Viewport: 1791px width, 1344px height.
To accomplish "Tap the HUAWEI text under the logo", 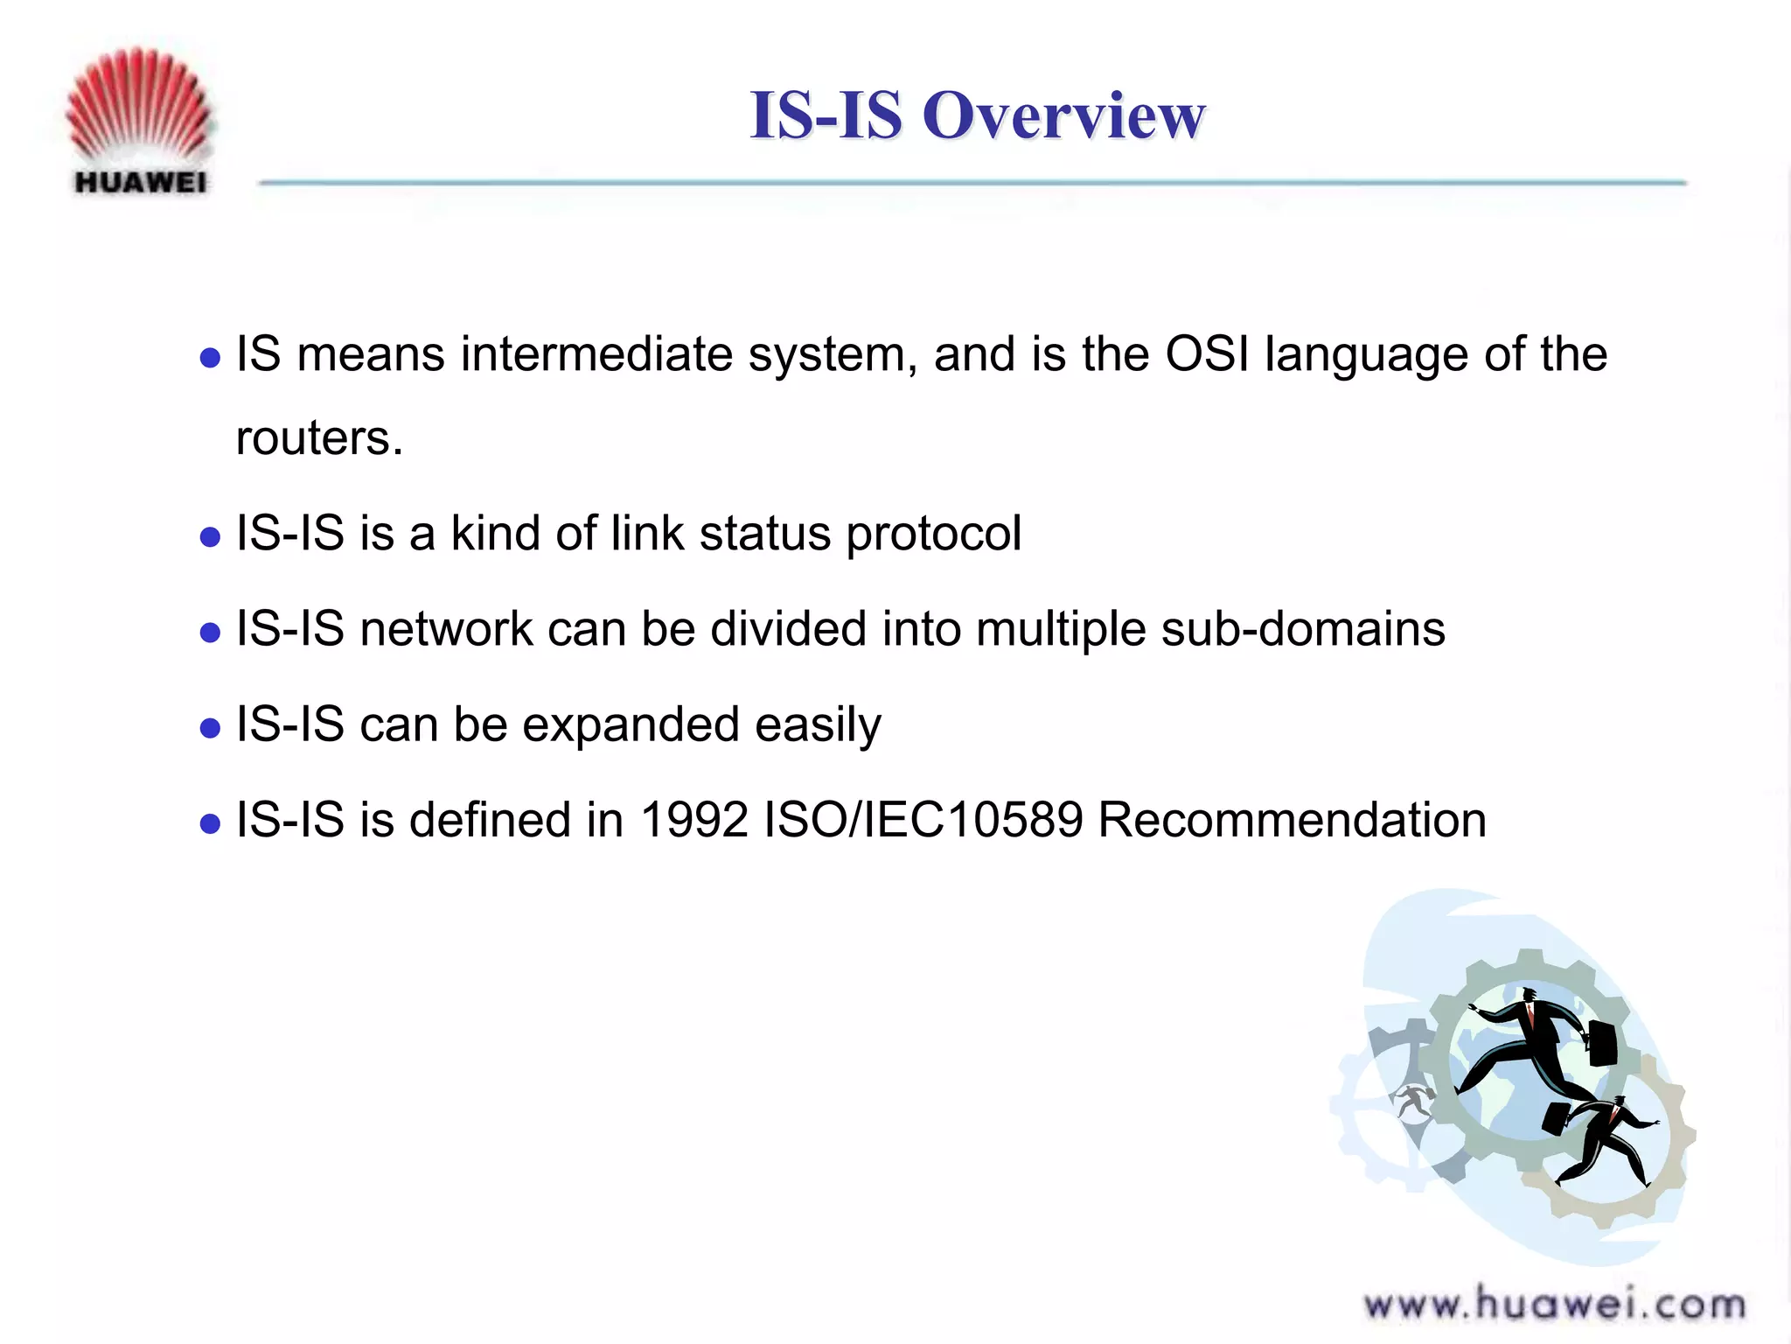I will click(x=141, y=182).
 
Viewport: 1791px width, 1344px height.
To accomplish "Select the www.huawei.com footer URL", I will click(x=1555, y=1305).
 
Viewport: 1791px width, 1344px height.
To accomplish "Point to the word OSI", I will click(x=1207, y=354).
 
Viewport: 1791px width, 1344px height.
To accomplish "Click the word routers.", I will click(x=318, y=437).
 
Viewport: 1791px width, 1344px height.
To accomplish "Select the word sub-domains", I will click(x=1303, y=629).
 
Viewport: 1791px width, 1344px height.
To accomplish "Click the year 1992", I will click(x=694, y=821).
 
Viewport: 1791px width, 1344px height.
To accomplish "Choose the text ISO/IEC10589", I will click(x=923, y=821).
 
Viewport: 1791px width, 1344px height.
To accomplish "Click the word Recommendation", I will click(x=1292, y=821).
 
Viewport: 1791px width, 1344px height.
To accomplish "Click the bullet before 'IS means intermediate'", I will click(x=210, y=358).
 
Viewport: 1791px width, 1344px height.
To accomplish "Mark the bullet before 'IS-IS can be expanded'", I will click(x=210, y=728).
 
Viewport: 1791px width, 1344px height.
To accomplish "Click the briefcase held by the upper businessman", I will click(x=1601, y=1043).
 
